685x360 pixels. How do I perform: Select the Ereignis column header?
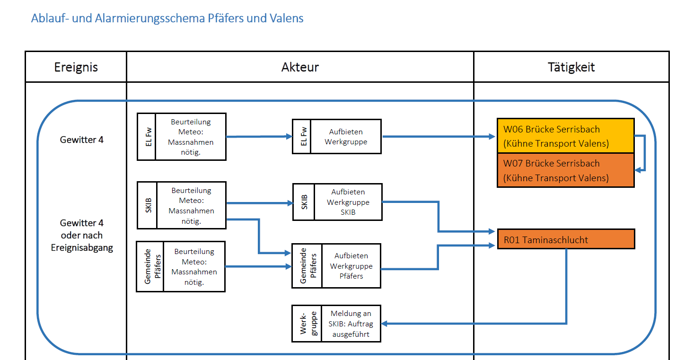[x=76, y=67]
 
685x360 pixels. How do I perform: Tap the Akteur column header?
[x=300, y=67]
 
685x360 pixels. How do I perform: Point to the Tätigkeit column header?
[x=571, y=67]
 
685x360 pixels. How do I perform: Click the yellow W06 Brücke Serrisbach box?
[x=565, y=136]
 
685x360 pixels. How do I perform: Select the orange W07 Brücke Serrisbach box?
[x=565, y=170]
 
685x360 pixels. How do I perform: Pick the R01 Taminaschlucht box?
[x=565, y=239]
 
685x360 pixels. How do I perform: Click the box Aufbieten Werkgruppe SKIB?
[x=348, y=202]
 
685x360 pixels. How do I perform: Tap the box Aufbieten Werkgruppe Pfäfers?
[x=351, y=266]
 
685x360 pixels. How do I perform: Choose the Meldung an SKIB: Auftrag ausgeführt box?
[x=350, y=324]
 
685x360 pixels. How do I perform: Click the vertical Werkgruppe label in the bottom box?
[x=307, y=324]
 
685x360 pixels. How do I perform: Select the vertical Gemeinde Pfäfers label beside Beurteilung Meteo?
[x=150, y=266]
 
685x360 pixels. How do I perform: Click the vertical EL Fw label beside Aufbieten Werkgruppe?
[x=302, y=136]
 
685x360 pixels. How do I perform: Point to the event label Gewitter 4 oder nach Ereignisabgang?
[x=81, y=235]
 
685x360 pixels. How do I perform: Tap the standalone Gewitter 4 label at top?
[x=81, y=140]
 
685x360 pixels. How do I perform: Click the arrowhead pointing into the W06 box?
[x=492, y=137]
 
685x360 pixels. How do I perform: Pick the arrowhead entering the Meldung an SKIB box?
[x=385, y=324]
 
